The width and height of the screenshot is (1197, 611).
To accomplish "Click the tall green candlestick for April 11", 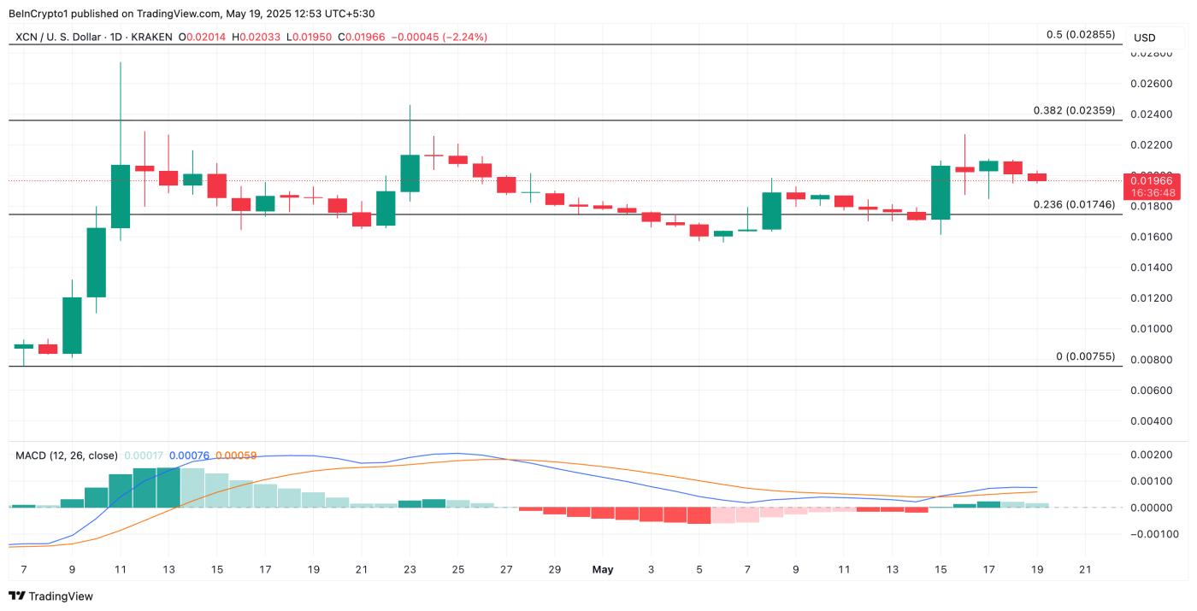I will tap(120, 196).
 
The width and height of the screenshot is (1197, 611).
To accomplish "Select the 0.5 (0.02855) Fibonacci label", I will tap(1081, 34).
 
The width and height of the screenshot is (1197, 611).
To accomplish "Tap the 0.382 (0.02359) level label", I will tap(1074, 110).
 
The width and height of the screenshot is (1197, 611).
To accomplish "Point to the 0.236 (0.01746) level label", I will tap(1074, 204).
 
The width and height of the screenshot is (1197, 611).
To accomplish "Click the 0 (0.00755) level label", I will tap(1086, 356).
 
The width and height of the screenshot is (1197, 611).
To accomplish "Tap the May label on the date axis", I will tap(603, 569).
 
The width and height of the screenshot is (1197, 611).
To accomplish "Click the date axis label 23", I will tap(410, 569).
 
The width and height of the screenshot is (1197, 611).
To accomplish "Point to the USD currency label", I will tap(1144, 38).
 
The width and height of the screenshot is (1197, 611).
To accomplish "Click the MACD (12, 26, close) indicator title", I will tap(67, 455).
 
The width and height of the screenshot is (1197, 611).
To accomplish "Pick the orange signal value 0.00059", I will tap(236, 455).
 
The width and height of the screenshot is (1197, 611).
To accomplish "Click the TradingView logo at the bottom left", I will tap(51, 596).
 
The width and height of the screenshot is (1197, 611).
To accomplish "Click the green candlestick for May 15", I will tap(940, 192).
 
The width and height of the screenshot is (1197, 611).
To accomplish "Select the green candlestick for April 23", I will tap(410, 173).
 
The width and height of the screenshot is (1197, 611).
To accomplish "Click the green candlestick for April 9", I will tap(72, 325).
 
